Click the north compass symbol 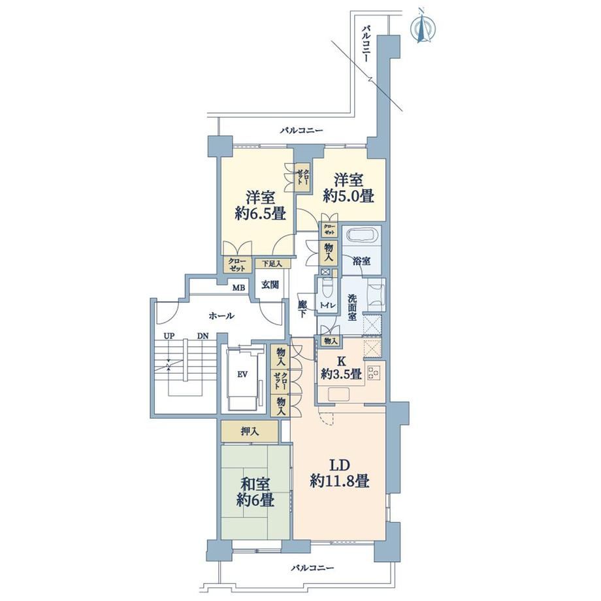click(x=423, y=26)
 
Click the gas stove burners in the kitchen click(x=374, y=372)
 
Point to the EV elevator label click(x=242, y=374)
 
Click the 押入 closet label click(x=250, y=432)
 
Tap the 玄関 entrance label click(x=270, y=284)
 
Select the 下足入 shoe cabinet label click(x=272, y=264)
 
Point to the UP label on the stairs click(x=169, y=336)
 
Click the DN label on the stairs click(x=203, y=336)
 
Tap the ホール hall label click(x=221, y=316)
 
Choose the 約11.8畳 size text click(x=340, y=480)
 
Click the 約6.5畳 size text click(x=260, y=213)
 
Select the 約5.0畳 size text click(x=348, y=195)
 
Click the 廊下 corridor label click(x=302, y=309)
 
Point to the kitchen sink click(x=338, y=394)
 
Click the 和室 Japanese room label click(x=255, y=484)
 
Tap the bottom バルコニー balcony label click(x=312, y=568)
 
